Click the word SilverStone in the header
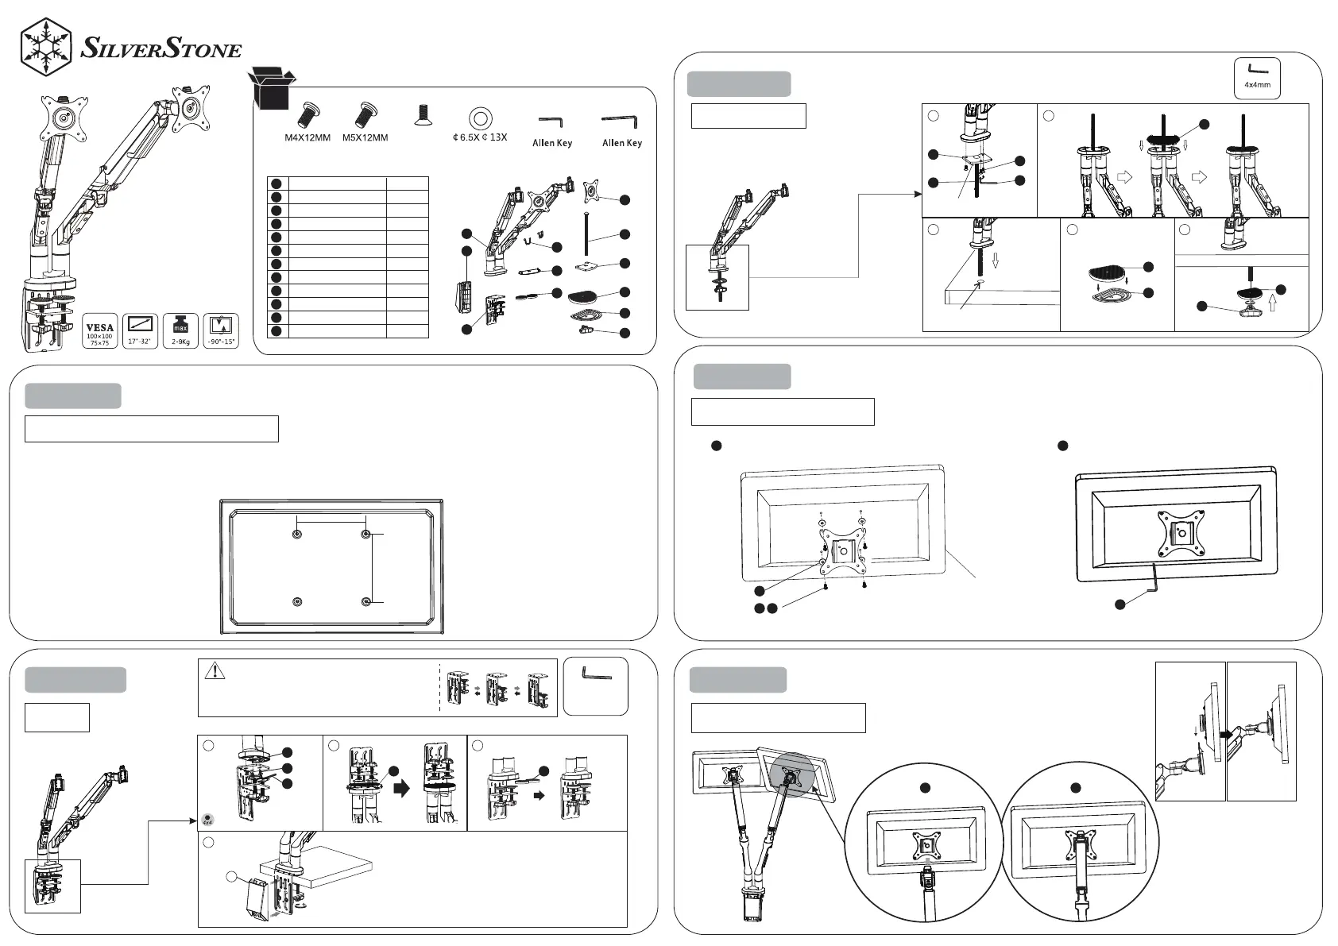(x=161, y=50)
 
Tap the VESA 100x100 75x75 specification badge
(x=100, y=331)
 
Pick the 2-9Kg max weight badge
(x=180, y=331)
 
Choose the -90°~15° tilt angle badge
(x=221, y=331)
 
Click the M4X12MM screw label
(x=307, y=138)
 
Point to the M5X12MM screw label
(x=365, y=138)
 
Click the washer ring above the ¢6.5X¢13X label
(x=479, y=118)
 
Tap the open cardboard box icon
(x=272, y=87)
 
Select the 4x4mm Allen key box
(x=1257, y=78)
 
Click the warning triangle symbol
(x=215, y=672)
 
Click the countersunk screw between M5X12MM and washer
(x=423, y=117)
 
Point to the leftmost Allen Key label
(x=551, y=144)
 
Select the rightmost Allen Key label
(x=621, y=143)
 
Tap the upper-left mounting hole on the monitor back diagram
(x=297, y=535)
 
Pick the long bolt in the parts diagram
(x=586, y=234)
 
